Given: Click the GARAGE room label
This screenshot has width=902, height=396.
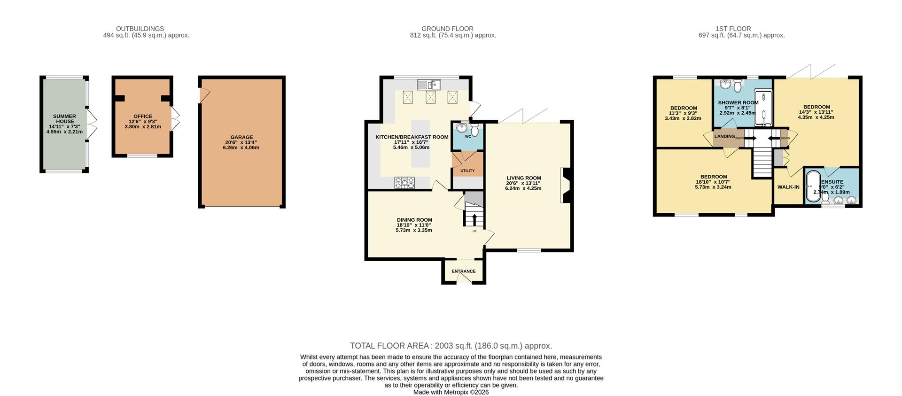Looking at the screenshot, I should [x=241, y=138].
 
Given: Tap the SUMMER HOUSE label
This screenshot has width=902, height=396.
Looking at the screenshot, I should [x=64, y=119].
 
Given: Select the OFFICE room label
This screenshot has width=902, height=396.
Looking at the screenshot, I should [x=143, y=116].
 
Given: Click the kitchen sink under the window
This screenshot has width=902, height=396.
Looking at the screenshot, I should [x=429, y=85].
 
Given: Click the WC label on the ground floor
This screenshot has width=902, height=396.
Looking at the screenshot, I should [x=468, y=137].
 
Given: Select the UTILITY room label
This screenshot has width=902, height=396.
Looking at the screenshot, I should [x=467, y=171].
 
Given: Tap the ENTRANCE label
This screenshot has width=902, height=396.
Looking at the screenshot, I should [x=464, y=271].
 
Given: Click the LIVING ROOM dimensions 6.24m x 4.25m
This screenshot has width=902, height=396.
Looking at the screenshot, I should [x=523, y=188].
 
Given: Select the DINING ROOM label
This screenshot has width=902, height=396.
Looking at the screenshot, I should [x=414, y=220].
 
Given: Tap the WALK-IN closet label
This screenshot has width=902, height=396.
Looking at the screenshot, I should [x=788, y=187].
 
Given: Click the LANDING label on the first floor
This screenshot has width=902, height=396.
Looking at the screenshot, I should [x=724, y=136].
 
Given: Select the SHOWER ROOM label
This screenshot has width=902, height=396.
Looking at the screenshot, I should [x=738, y=102].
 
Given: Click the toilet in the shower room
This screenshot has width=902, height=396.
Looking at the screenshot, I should [x=738, y=85].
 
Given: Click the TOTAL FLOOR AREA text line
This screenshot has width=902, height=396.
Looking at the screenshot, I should [x=451, y=346].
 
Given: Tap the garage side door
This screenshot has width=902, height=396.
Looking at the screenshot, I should [x=204, y=95].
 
